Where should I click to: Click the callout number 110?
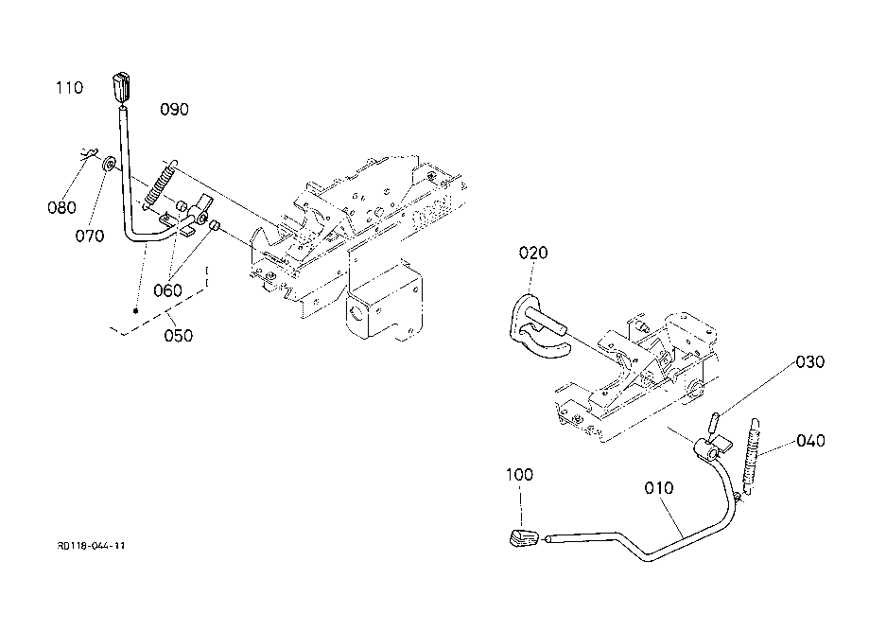pos(69,88)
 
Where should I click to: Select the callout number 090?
pos(174,109)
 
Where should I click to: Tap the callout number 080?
pos(61,207)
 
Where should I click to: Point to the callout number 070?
pos(90,237)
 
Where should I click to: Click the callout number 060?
pos(167,290)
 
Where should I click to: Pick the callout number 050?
pos(179,336)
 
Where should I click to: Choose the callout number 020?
pos(533,253)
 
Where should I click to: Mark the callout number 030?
pos(810,362)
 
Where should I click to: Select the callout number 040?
pos(810,441)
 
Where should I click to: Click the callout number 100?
pos(520,475)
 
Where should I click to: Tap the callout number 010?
pos(659,488)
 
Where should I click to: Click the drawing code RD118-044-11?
pos(91,546)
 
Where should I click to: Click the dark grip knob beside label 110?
pos(122,88)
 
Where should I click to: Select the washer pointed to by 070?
pos(109,164)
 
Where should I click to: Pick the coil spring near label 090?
pos(160,184)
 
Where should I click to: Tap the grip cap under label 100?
pos(524,538)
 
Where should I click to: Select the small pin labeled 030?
pos(714,424)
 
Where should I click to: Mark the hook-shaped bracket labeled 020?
pos(535,327)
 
